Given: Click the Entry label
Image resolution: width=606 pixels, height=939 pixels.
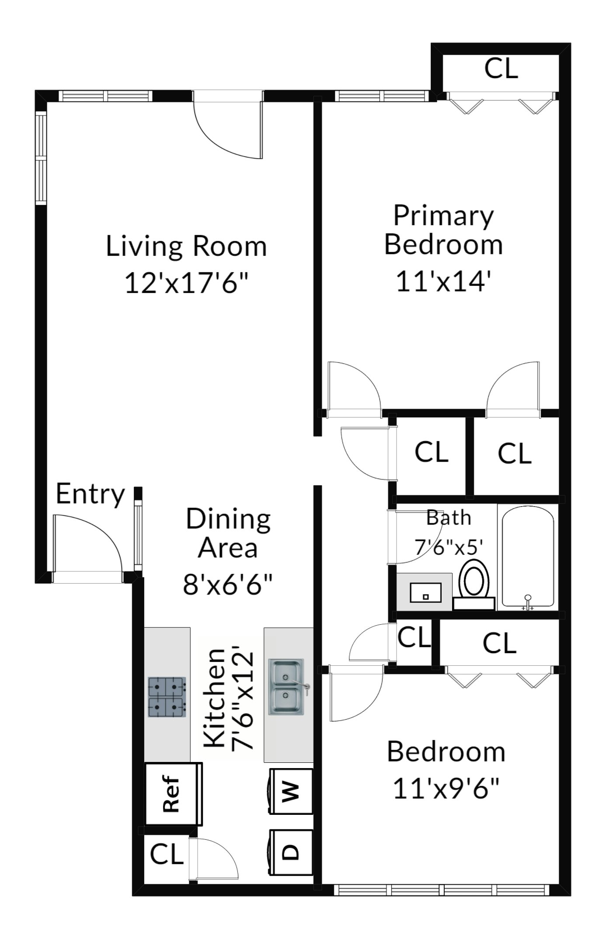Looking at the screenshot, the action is click(91, 494).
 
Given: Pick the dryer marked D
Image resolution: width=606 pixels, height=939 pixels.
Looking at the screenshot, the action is click(291, 852).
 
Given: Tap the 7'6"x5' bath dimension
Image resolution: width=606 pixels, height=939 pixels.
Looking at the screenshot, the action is click(449, 546).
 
